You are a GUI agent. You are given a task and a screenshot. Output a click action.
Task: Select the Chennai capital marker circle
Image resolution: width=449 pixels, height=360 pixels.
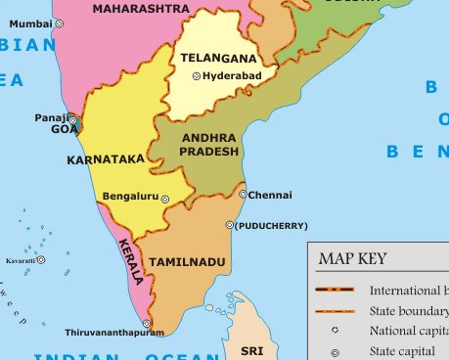click(243, 195)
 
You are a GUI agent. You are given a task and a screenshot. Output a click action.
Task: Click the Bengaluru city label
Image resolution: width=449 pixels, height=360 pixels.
click(130, 196)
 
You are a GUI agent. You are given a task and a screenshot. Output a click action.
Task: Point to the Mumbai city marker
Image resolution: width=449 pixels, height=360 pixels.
click(59, 22)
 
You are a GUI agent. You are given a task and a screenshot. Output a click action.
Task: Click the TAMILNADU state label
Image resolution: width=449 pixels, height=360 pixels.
click(187, 262)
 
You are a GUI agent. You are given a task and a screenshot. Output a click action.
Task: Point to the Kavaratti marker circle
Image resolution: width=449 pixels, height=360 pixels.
click(41, 260)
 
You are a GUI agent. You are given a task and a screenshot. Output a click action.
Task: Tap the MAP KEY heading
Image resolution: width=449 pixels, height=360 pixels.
click(352, 259)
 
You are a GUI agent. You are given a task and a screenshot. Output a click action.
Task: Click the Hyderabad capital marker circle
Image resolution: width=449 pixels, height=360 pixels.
click(196, 76)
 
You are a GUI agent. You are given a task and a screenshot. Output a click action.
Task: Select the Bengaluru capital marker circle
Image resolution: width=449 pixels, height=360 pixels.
click(164, 199)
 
